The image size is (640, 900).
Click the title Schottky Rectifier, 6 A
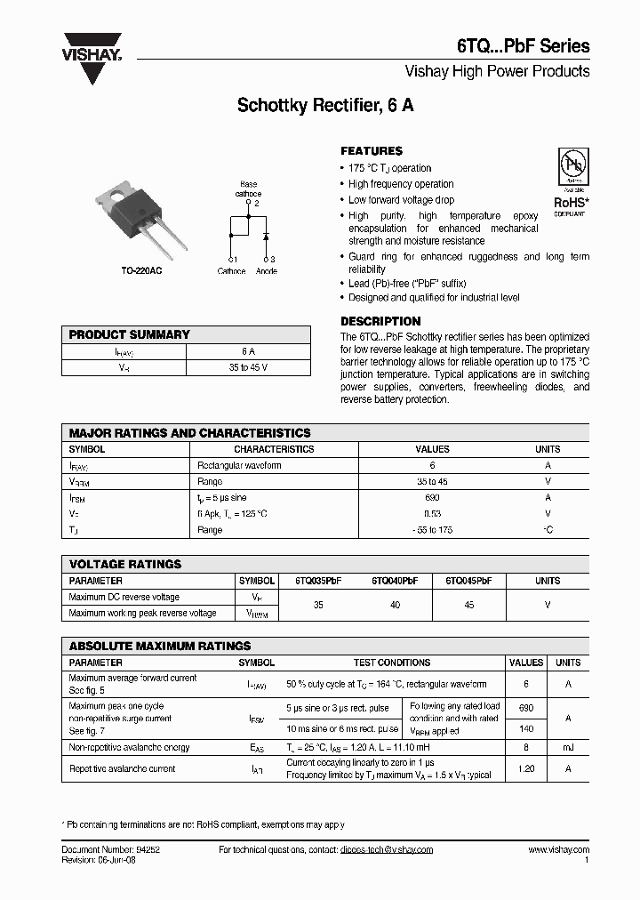[x=324, y=106]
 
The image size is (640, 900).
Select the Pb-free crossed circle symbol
[x=571, y=166]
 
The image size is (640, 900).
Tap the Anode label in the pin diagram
[x=267, y=271]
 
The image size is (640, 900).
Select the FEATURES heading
[x=372, y=151]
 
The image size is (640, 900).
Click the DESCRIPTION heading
[x=380, y=321]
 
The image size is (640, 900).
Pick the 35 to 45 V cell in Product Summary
[x=248, y=367]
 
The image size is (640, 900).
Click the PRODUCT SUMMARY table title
[x=130, y=334]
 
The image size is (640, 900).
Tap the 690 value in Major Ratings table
[x=432, y=498]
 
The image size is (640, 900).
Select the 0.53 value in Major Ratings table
[x=432, y=514]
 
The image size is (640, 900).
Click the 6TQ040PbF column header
[x=395, y=581]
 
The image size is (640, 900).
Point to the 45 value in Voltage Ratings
[x=469, y=605]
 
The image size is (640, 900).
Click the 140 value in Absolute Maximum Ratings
[x=525, y=727]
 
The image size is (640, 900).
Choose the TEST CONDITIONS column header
[x=392, y=663]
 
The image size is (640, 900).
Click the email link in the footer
[x=387, y=850]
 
